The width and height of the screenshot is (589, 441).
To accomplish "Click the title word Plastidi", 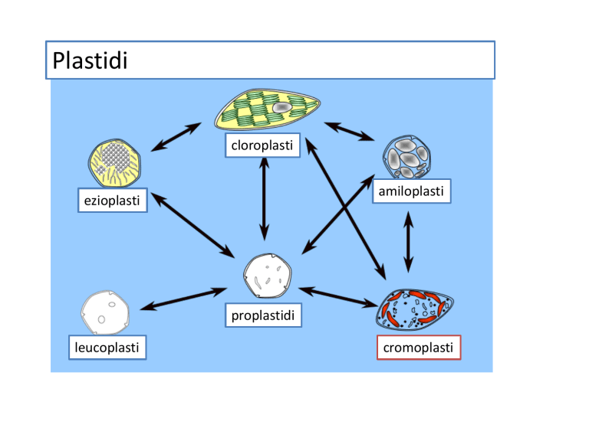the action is [x=90, y=60].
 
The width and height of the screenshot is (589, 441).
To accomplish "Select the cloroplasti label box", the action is [x=262, y=145].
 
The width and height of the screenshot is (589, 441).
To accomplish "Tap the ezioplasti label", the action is [x=112, y=201].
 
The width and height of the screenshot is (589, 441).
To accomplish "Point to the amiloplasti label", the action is [x=411, y=191].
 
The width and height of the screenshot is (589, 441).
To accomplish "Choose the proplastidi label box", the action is [x=263, y=315].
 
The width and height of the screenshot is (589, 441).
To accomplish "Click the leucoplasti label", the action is [x=107, y=348].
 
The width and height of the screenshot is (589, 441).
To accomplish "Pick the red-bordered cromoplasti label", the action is [x=419, y=348].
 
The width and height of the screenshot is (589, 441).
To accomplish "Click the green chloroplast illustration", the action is [x=267, y=110].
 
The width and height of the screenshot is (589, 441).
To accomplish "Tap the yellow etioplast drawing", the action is [x=115, y=163].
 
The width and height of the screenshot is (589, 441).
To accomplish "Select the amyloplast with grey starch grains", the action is [x=406, y=157].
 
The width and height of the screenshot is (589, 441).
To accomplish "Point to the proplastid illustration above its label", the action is [x=268, y=276].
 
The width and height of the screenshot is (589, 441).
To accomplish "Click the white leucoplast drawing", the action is [x=105, y=312].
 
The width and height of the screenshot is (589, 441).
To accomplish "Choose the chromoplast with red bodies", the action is [x=415, y=309].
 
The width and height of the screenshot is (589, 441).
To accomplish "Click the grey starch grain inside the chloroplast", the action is [x=282, y=108].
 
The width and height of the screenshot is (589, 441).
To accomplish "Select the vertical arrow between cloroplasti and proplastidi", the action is [x=264, y=199].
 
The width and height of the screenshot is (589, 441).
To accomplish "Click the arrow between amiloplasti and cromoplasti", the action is [x=408, y=242].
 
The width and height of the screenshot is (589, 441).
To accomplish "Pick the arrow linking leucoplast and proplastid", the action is [x=184, y=299].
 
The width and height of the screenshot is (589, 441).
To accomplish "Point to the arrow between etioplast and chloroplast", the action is [x=176, y=137].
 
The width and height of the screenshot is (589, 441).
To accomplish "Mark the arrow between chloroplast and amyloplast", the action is [x=350, y=131].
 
